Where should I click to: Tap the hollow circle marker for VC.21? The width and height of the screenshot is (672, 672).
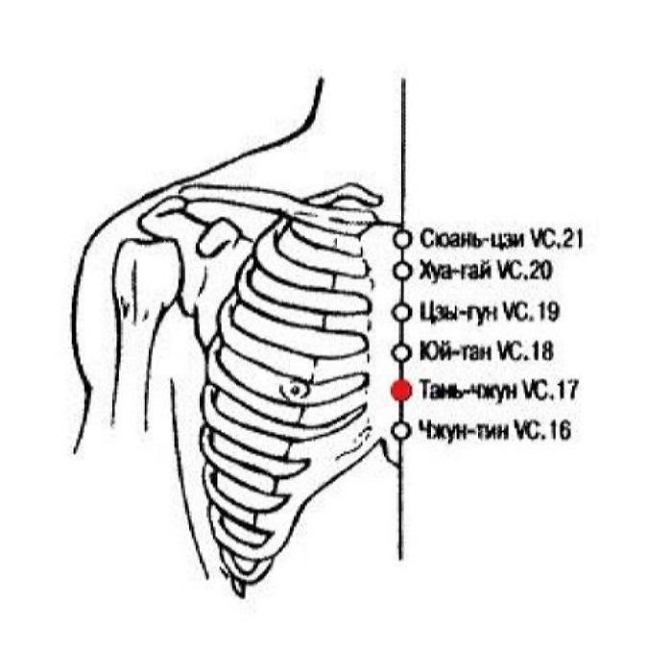403,236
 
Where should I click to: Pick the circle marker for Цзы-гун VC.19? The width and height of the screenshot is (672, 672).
403,312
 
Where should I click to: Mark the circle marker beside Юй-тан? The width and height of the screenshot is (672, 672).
403,351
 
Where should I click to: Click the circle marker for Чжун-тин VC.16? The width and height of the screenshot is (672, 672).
403,431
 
